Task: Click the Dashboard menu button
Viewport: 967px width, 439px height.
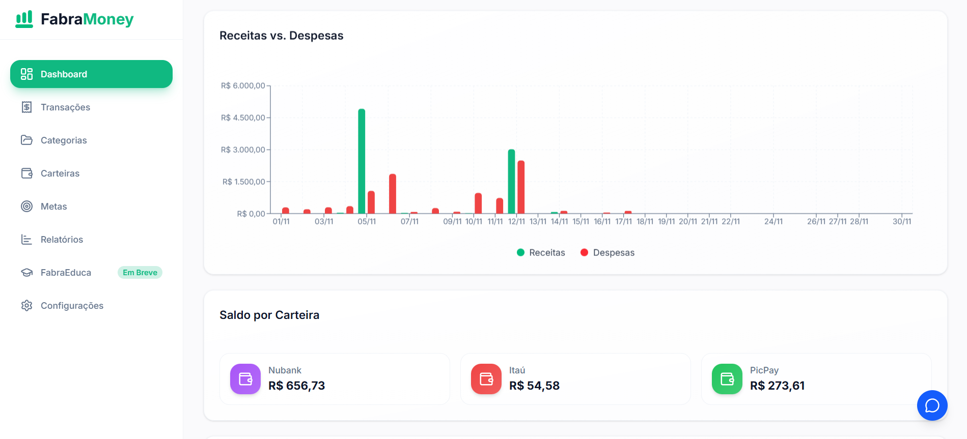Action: (x=91, y=74)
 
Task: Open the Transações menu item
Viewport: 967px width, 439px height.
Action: (x=65, y=107)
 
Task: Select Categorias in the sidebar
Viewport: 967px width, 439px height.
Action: (x=64, y=140)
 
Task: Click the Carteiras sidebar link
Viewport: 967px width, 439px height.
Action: (x=60, y=173)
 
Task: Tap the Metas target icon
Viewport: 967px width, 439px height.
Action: (x=26, y=207)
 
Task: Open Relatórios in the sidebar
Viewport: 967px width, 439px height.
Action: (x=62, y=240)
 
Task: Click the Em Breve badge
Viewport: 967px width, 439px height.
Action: (x=140, y=273)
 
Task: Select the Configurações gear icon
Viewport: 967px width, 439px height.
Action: (x=26, y=306)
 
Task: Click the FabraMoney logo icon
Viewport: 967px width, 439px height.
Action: (x=24, y=19)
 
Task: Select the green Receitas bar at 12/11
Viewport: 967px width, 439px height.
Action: (x=511, y=182)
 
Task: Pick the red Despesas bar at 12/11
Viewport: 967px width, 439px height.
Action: (x=521, y=187)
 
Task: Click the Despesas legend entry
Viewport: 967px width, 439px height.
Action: (x=607, y=253)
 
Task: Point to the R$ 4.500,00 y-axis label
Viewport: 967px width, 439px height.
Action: (x=243, y=118)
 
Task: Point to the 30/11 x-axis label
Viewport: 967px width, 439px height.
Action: (x=902, y=222)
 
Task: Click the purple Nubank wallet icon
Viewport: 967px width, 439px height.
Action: (x=245, y=379)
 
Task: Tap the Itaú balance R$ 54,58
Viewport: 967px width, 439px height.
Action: (x=534, y=386)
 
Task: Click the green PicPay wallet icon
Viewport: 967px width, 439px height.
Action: (x=727, y=379)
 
